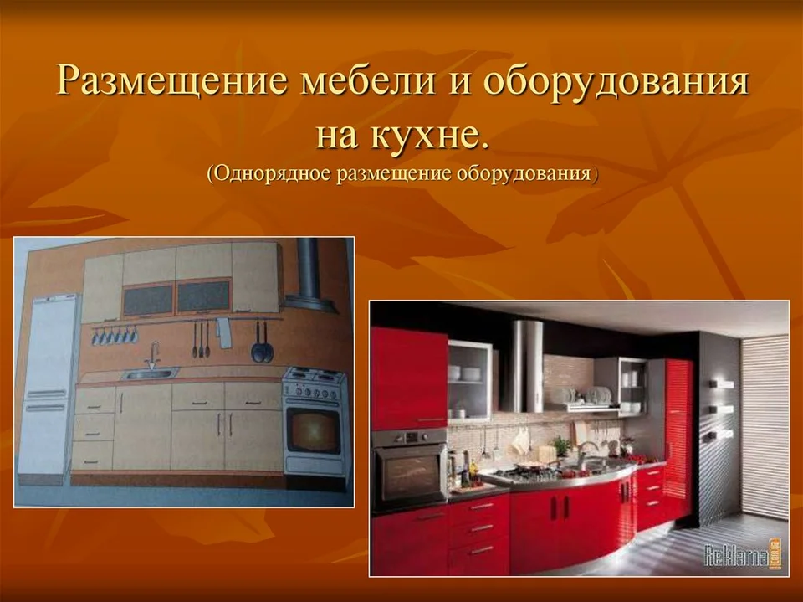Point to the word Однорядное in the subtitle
272,174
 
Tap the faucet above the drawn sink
153,355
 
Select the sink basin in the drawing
150,373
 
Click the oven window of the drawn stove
313,430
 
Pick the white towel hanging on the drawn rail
223,332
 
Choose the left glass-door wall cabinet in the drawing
148,299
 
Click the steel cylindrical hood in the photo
522,366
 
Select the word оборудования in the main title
616,81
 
